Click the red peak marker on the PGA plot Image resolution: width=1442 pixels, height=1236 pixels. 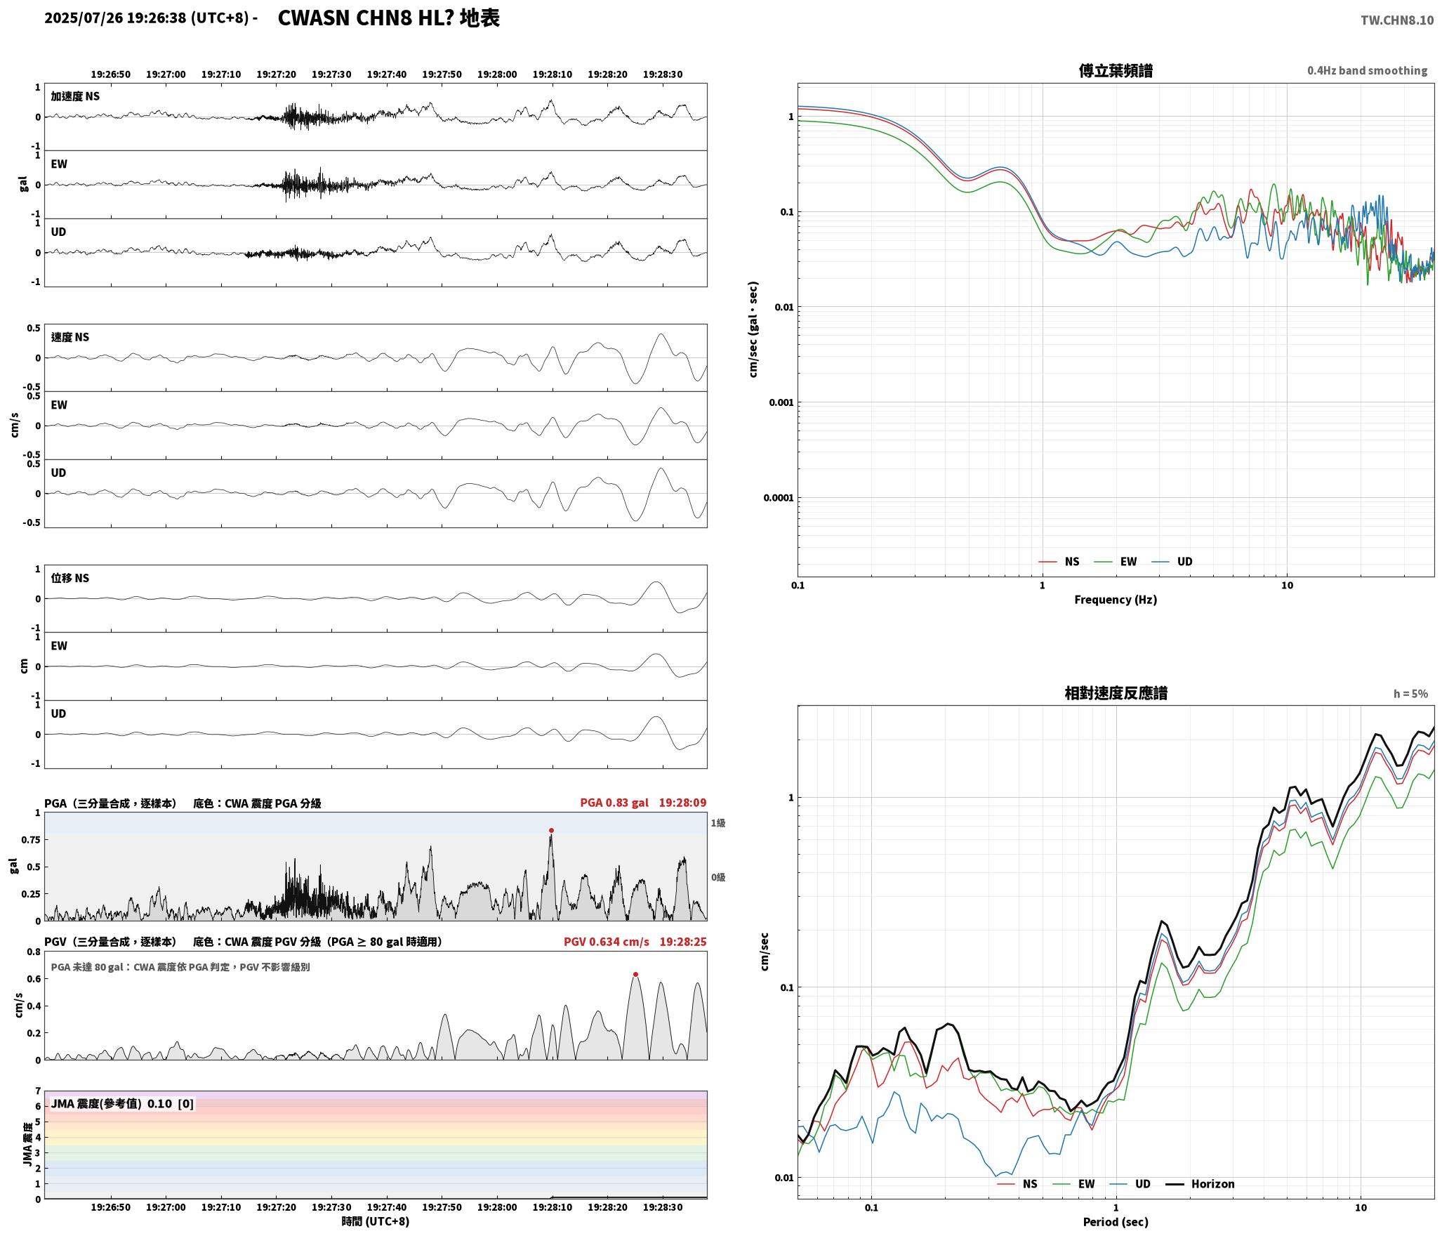pyautogui.click(x=551, y=830)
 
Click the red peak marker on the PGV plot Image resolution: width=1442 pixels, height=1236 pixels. pyautogui.click(x=635, y=974)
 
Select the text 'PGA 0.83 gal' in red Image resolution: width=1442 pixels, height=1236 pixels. pyautogui.click(x=614, y=803)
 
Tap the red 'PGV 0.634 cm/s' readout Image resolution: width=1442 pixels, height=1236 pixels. pyautogui.click(x=607, y=942)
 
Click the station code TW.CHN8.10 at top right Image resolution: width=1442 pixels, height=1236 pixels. pyautogui.click(x=1397, y=20)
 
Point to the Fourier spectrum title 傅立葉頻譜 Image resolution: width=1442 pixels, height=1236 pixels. pyautogui.click(x=1116, y=71)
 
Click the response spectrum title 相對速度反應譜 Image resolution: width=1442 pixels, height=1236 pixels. pyautogui.click(x=1116, y=693)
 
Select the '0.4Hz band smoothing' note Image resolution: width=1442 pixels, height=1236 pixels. pyautogui.click(x=1367, y=71)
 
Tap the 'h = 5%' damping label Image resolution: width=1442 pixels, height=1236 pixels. pyautogui.click(x=1410, y=694)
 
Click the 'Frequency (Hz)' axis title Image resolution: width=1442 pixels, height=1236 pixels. pyautogui.click(x=1116, y=600)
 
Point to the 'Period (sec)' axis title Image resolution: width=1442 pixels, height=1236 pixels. pyautogui.click(x=1116, y=1222)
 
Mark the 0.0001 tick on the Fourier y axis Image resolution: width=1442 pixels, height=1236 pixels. pyautogui.click(x=778, y=498)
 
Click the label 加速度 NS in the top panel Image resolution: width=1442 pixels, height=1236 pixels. pyautogui.click(x=75, y=96)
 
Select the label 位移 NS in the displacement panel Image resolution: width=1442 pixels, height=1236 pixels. pyautogui.click(x=70, y=578)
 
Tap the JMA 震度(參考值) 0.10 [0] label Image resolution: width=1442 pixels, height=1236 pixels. pyautogui.click(x=122, y=1104)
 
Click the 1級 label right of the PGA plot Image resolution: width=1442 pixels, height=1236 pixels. pyautogui.click(x=718, y=823)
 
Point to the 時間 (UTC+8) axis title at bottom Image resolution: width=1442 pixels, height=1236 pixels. pyautogui.click(x=376, y=1221)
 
